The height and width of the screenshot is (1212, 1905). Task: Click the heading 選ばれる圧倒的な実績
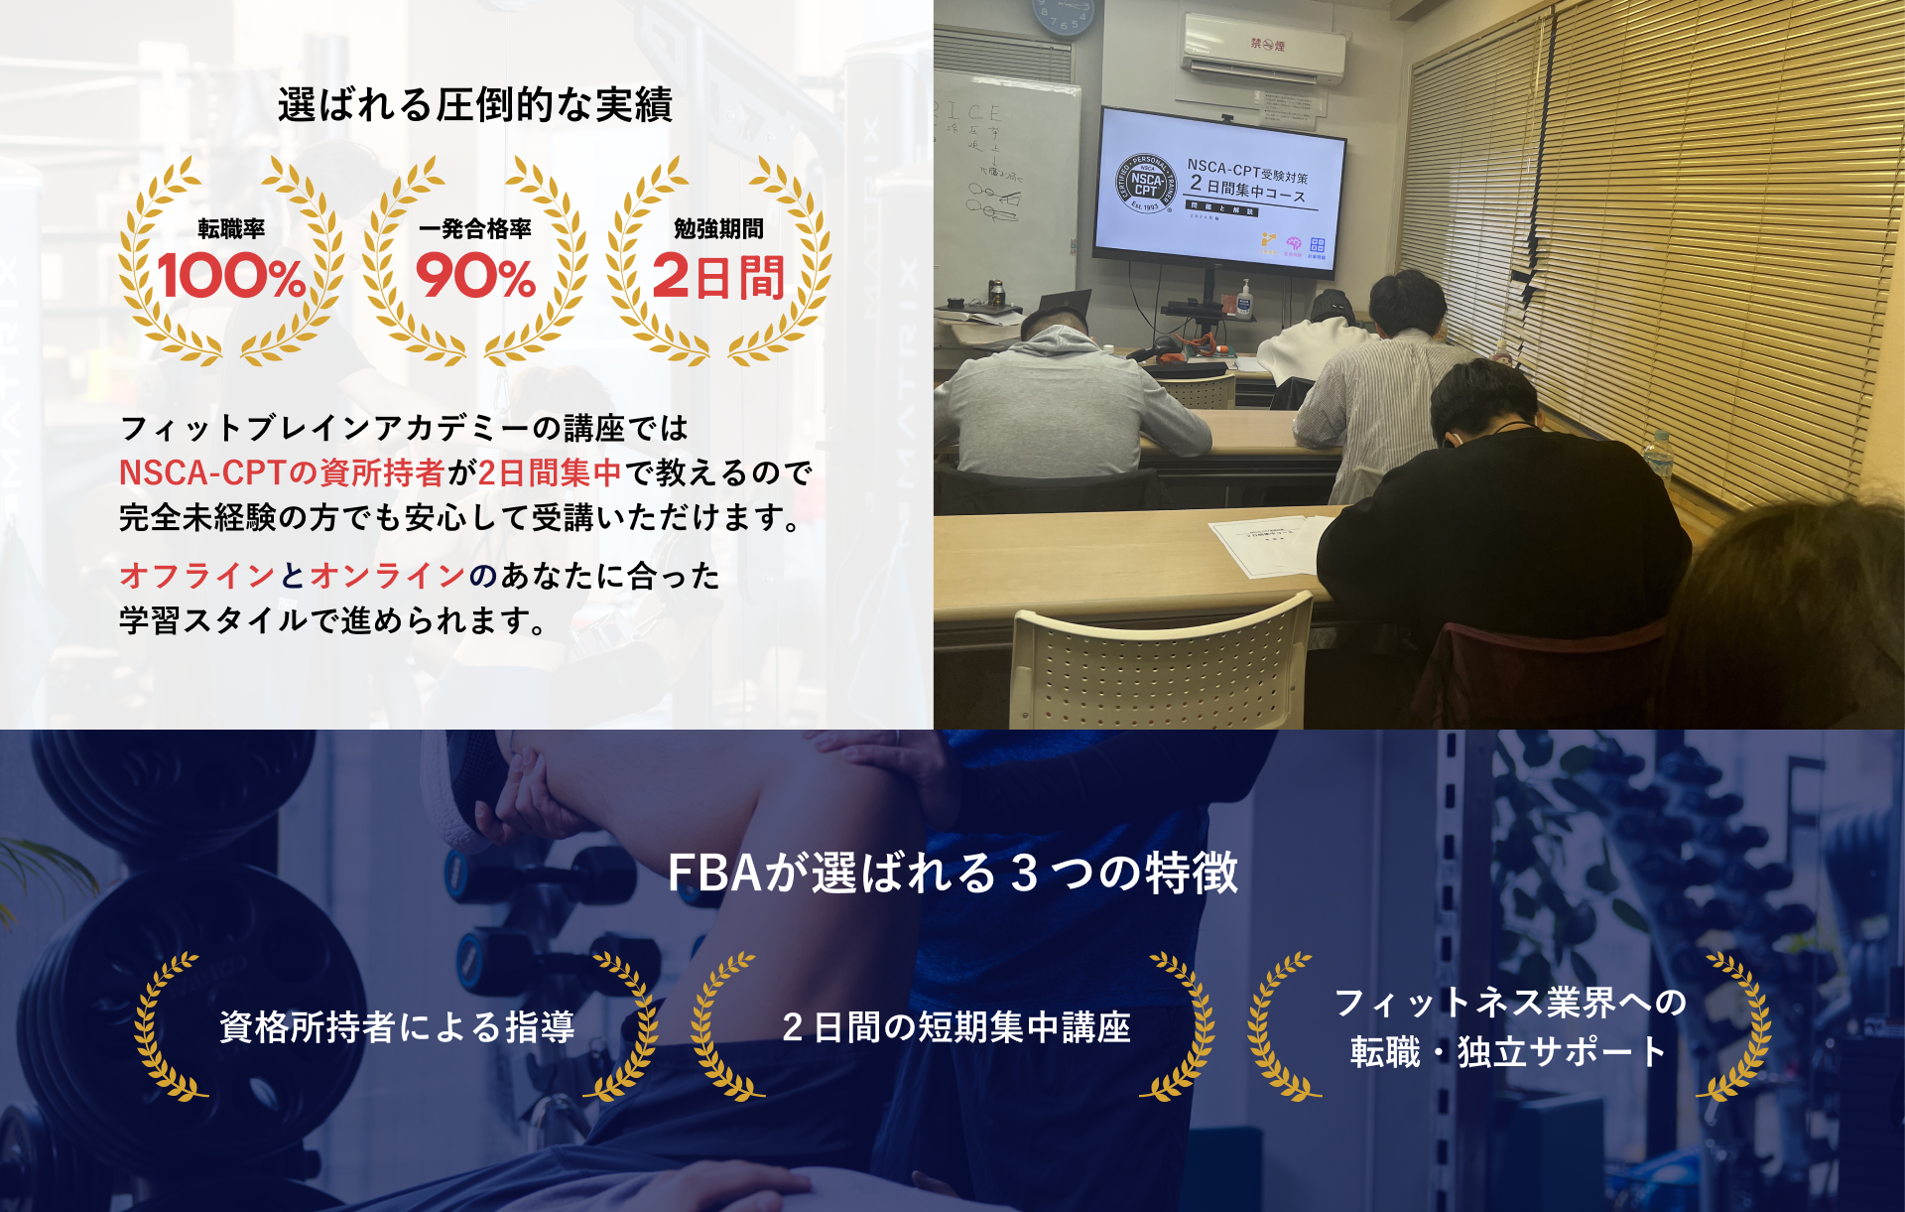click(475, 105)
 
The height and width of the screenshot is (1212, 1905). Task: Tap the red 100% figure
click(231, 277)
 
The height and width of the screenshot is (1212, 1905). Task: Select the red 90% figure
click(475, 277)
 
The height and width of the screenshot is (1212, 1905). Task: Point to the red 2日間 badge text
click(718, 277)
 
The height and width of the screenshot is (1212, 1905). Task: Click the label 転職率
click(231, 229)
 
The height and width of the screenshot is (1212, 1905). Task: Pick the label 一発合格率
click(475, 229)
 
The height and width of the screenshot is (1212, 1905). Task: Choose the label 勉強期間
click(718, 229)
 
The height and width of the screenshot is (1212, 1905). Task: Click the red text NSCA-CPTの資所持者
click(282, 472)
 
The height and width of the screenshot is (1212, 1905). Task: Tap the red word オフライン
click(197, 576)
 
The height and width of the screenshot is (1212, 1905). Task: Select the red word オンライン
click(388, 576)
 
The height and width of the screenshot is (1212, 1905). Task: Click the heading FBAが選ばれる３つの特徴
click(952, 874)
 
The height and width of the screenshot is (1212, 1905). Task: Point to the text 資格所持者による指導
click(397, 1027)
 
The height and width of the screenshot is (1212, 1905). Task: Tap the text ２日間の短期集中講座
click(955, 1027)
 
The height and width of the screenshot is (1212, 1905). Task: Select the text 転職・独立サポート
click(1509, 1052)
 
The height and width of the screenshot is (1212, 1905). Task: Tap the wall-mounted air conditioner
click(1264, 48)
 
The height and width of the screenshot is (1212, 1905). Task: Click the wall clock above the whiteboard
click(1064, 16)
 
